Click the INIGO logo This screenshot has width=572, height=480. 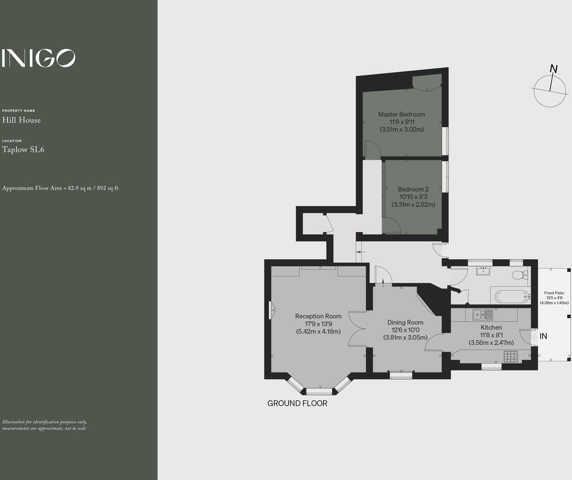click(x=38, y=58)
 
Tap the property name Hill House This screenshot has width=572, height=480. click(x=22, y=120)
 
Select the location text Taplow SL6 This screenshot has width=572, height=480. click(x=23, y=150)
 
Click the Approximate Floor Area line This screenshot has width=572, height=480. click(x=60, y=188)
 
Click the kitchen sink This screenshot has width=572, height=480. click(x=483, y=314)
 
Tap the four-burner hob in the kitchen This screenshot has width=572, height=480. click(x=511, y=356)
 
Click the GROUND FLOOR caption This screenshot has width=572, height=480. click(x=297, y=404)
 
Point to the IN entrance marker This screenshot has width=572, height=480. click(x=543, y=336)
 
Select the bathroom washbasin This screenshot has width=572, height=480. click(x=484, y=270)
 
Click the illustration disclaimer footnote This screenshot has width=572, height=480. click(x=45, y=425)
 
